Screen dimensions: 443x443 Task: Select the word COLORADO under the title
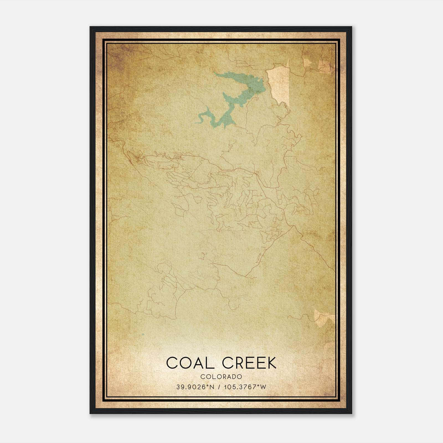221,377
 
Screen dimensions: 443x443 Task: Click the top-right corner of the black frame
352,27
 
